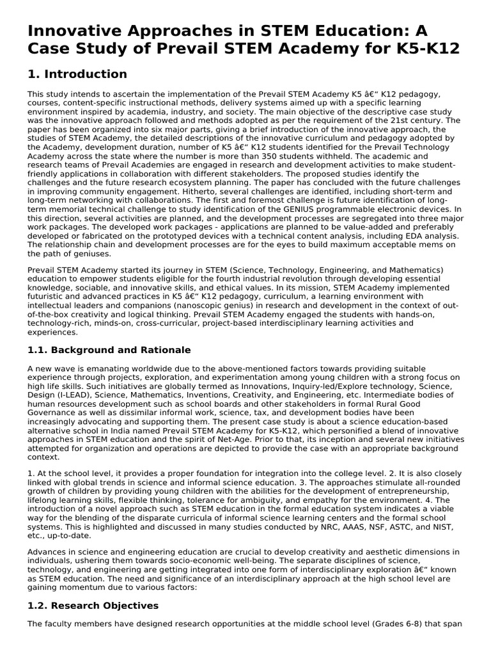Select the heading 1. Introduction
(x=77, y=74)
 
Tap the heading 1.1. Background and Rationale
(x=109, y=350)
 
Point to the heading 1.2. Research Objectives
(x=93, y=604)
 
